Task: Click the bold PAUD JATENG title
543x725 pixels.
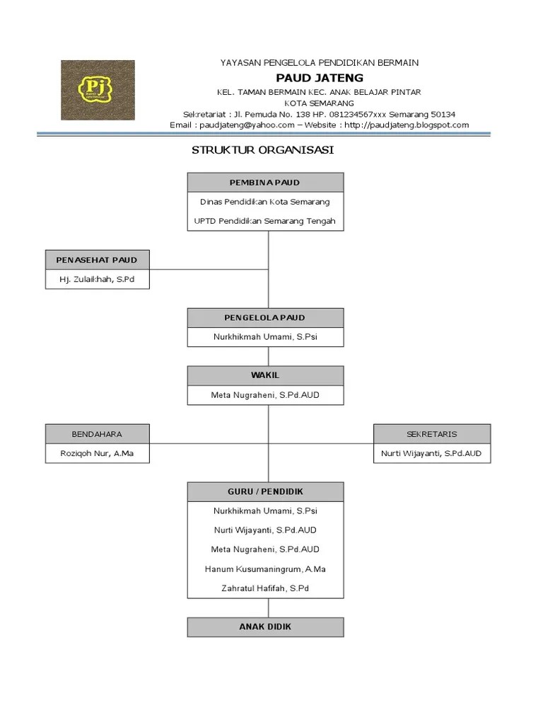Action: coord(319,78)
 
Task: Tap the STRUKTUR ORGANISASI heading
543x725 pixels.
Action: coord(263,150)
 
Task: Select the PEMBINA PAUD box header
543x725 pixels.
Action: coord(265,183)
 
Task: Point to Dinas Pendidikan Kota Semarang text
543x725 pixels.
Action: coord(265,202)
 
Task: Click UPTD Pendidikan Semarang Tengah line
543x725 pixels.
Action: coord(265,221)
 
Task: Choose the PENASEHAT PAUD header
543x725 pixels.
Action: coord(97,260)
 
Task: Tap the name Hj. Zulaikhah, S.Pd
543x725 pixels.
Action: coord(97,280)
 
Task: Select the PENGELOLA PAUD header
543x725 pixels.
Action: coord(265,318)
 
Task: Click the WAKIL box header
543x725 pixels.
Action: coord(265,375)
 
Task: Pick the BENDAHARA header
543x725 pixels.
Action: coord(97,434)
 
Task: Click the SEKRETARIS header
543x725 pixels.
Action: coord(431,434)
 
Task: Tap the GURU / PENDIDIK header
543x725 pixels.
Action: coord(265,491)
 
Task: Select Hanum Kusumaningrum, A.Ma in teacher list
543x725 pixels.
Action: coord(265,569)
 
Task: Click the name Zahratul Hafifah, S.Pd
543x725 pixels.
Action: coord(265,588)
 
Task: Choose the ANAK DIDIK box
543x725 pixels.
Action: coord(265,627)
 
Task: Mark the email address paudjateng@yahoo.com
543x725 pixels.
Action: coord(247,125)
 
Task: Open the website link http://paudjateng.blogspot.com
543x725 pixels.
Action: coord(407,125)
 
